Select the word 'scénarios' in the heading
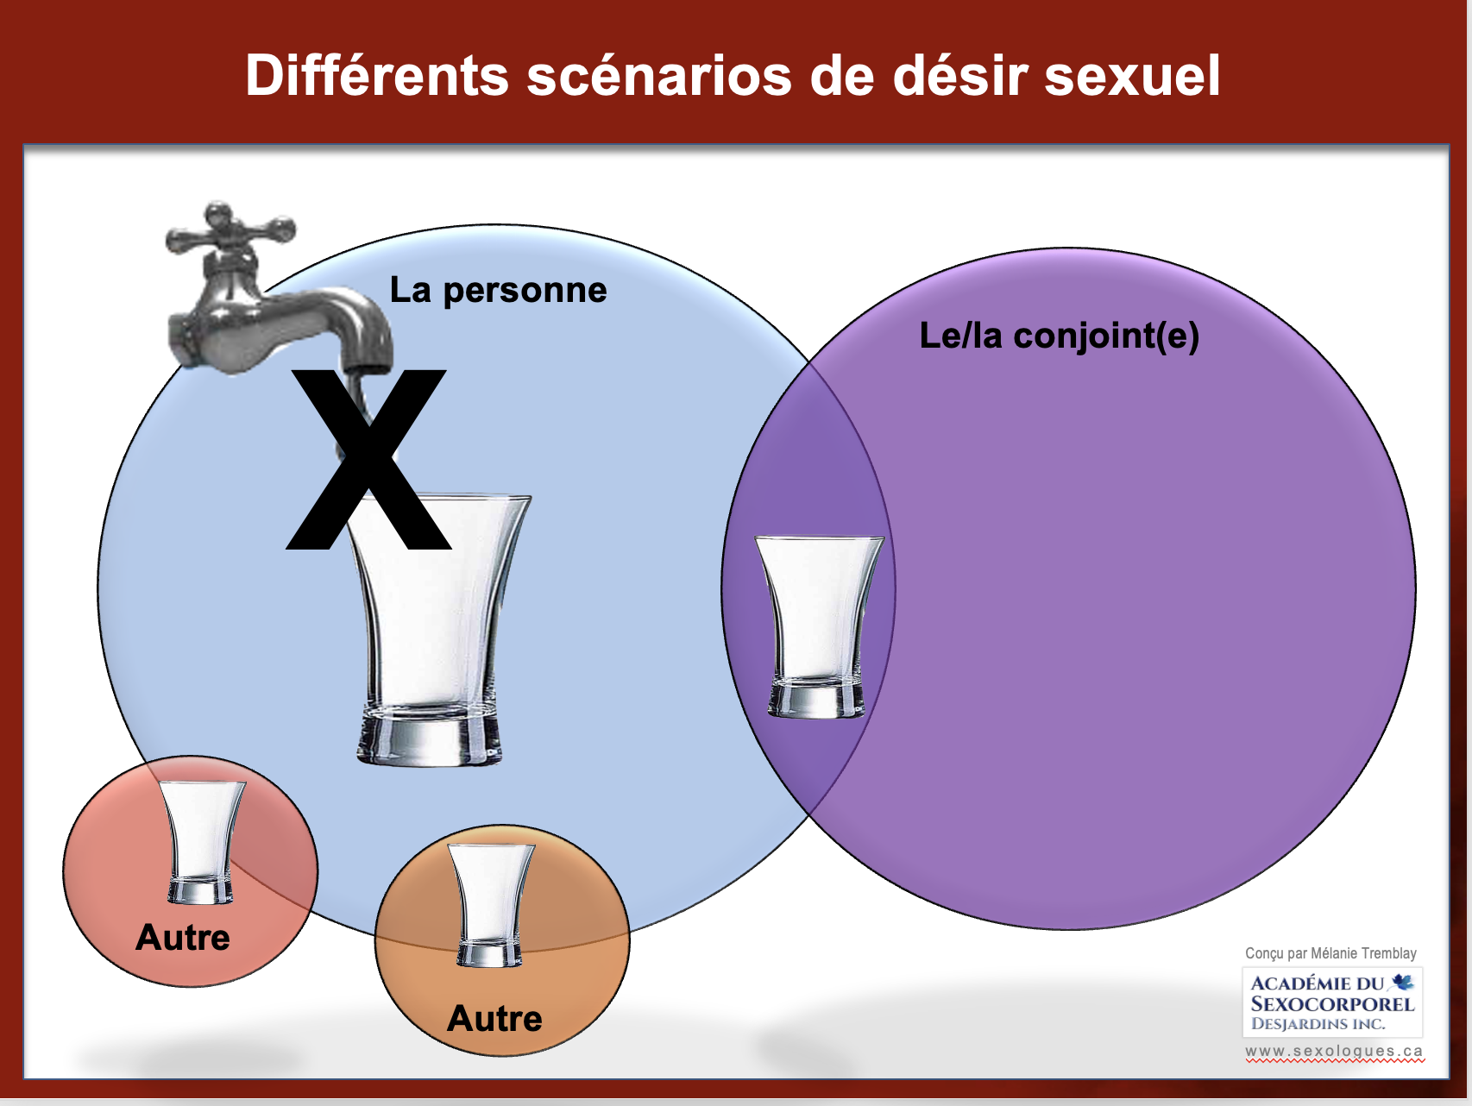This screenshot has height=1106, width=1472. [x=659, y=75]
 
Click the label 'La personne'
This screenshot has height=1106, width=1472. [x=498, y=290]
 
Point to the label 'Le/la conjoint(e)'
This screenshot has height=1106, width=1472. [x=1059, y=335]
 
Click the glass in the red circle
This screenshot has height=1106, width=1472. [x=202, y=841]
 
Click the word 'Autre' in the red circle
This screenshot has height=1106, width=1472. [x=183, y=937]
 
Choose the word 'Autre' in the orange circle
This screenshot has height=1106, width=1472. [x=494, y=1018]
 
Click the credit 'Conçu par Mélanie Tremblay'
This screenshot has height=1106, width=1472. [x=1330, y=953]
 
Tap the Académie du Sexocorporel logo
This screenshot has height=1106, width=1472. [x=1331, y=1002]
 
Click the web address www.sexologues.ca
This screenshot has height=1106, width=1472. [x=1334, y=1051]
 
